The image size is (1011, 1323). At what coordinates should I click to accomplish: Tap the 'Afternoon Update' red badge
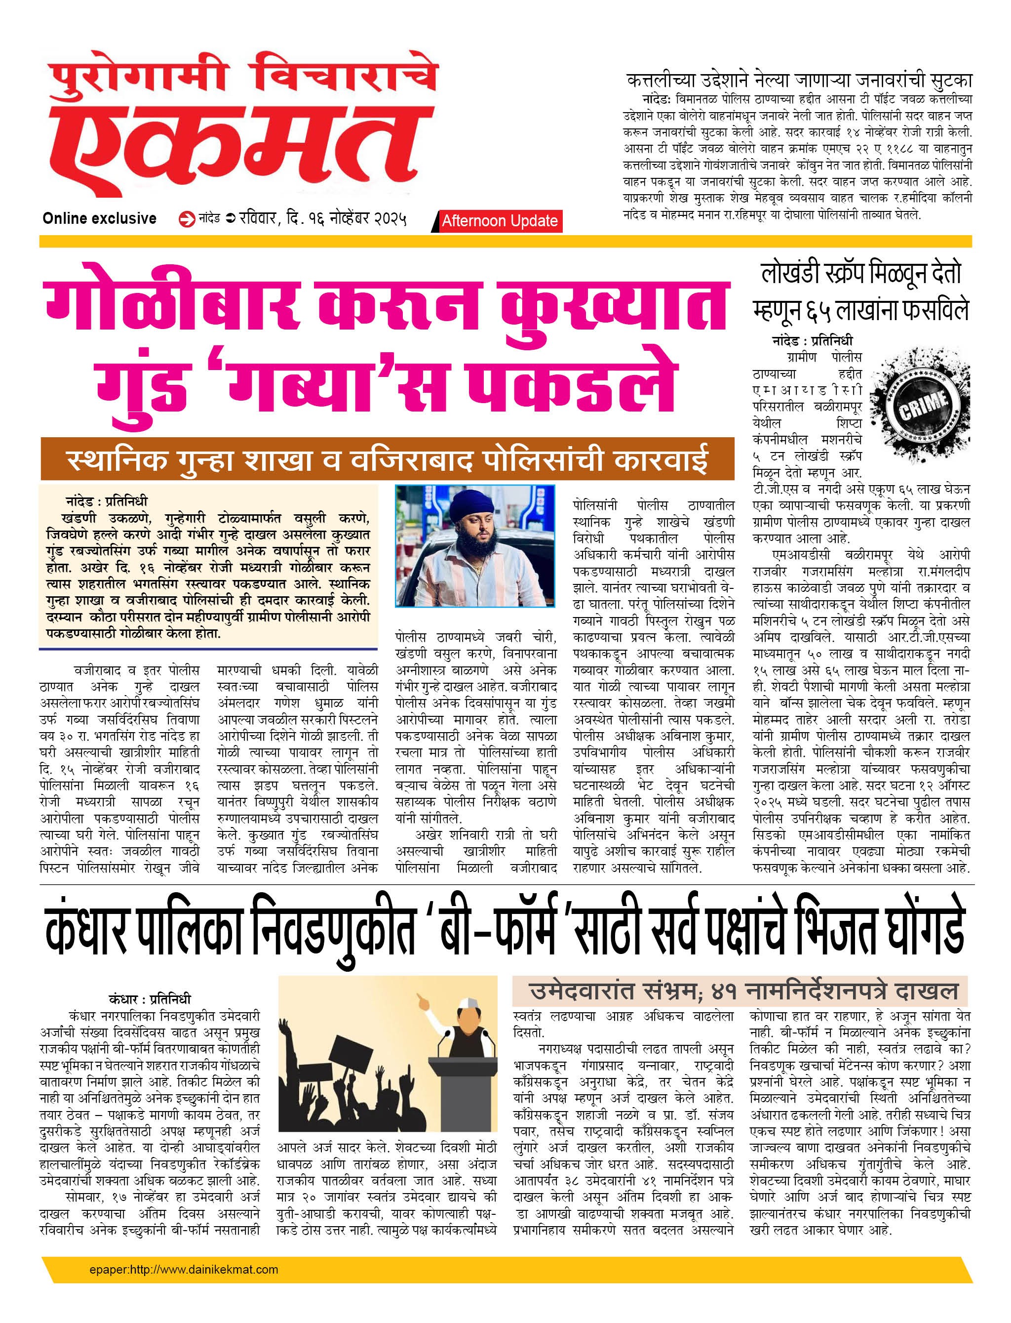tap(499, 221)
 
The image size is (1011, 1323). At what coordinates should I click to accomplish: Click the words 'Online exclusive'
tap(99, 218)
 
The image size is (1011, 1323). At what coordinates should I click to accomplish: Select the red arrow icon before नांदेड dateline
tap(187, 219)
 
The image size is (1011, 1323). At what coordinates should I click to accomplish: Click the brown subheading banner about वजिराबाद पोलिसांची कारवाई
tap(387, 459)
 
